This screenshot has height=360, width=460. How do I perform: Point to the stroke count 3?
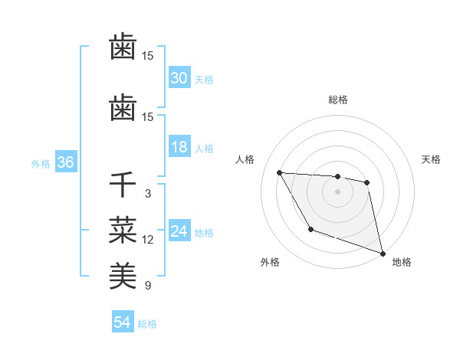[147, 194]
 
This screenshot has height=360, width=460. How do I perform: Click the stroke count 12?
[147, 240]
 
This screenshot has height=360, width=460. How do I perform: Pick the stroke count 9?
[147, 286]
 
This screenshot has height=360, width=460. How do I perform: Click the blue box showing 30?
[179, 78]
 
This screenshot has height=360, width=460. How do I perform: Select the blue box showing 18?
[179, 147]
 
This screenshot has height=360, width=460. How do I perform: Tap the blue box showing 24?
[179, 231]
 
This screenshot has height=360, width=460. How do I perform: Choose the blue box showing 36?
[64, 162]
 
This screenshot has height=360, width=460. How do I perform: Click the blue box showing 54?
[122, 322]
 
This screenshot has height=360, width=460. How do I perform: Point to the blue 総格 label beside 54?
[147, 324]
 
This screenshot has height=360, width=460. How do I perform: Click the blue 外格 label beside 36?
[40, 163]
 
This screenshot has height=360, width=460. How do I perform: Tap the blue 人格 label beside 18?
[203, 148]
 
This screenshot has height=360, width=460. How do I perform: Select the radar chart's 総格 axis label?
[337, 100]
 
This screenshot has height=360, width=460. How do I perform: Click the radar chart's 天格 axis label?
[432, 159]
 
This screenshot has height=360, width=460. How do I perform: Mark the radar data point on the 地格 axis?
[383, 254]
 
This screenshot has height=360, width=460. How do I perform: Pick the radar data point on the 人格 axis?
[280, 172]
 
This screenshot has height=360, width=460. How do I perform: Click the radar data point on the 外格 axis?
[310, 229]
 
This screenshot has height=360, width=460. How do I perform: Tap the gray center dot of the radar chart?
[337, 191]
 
